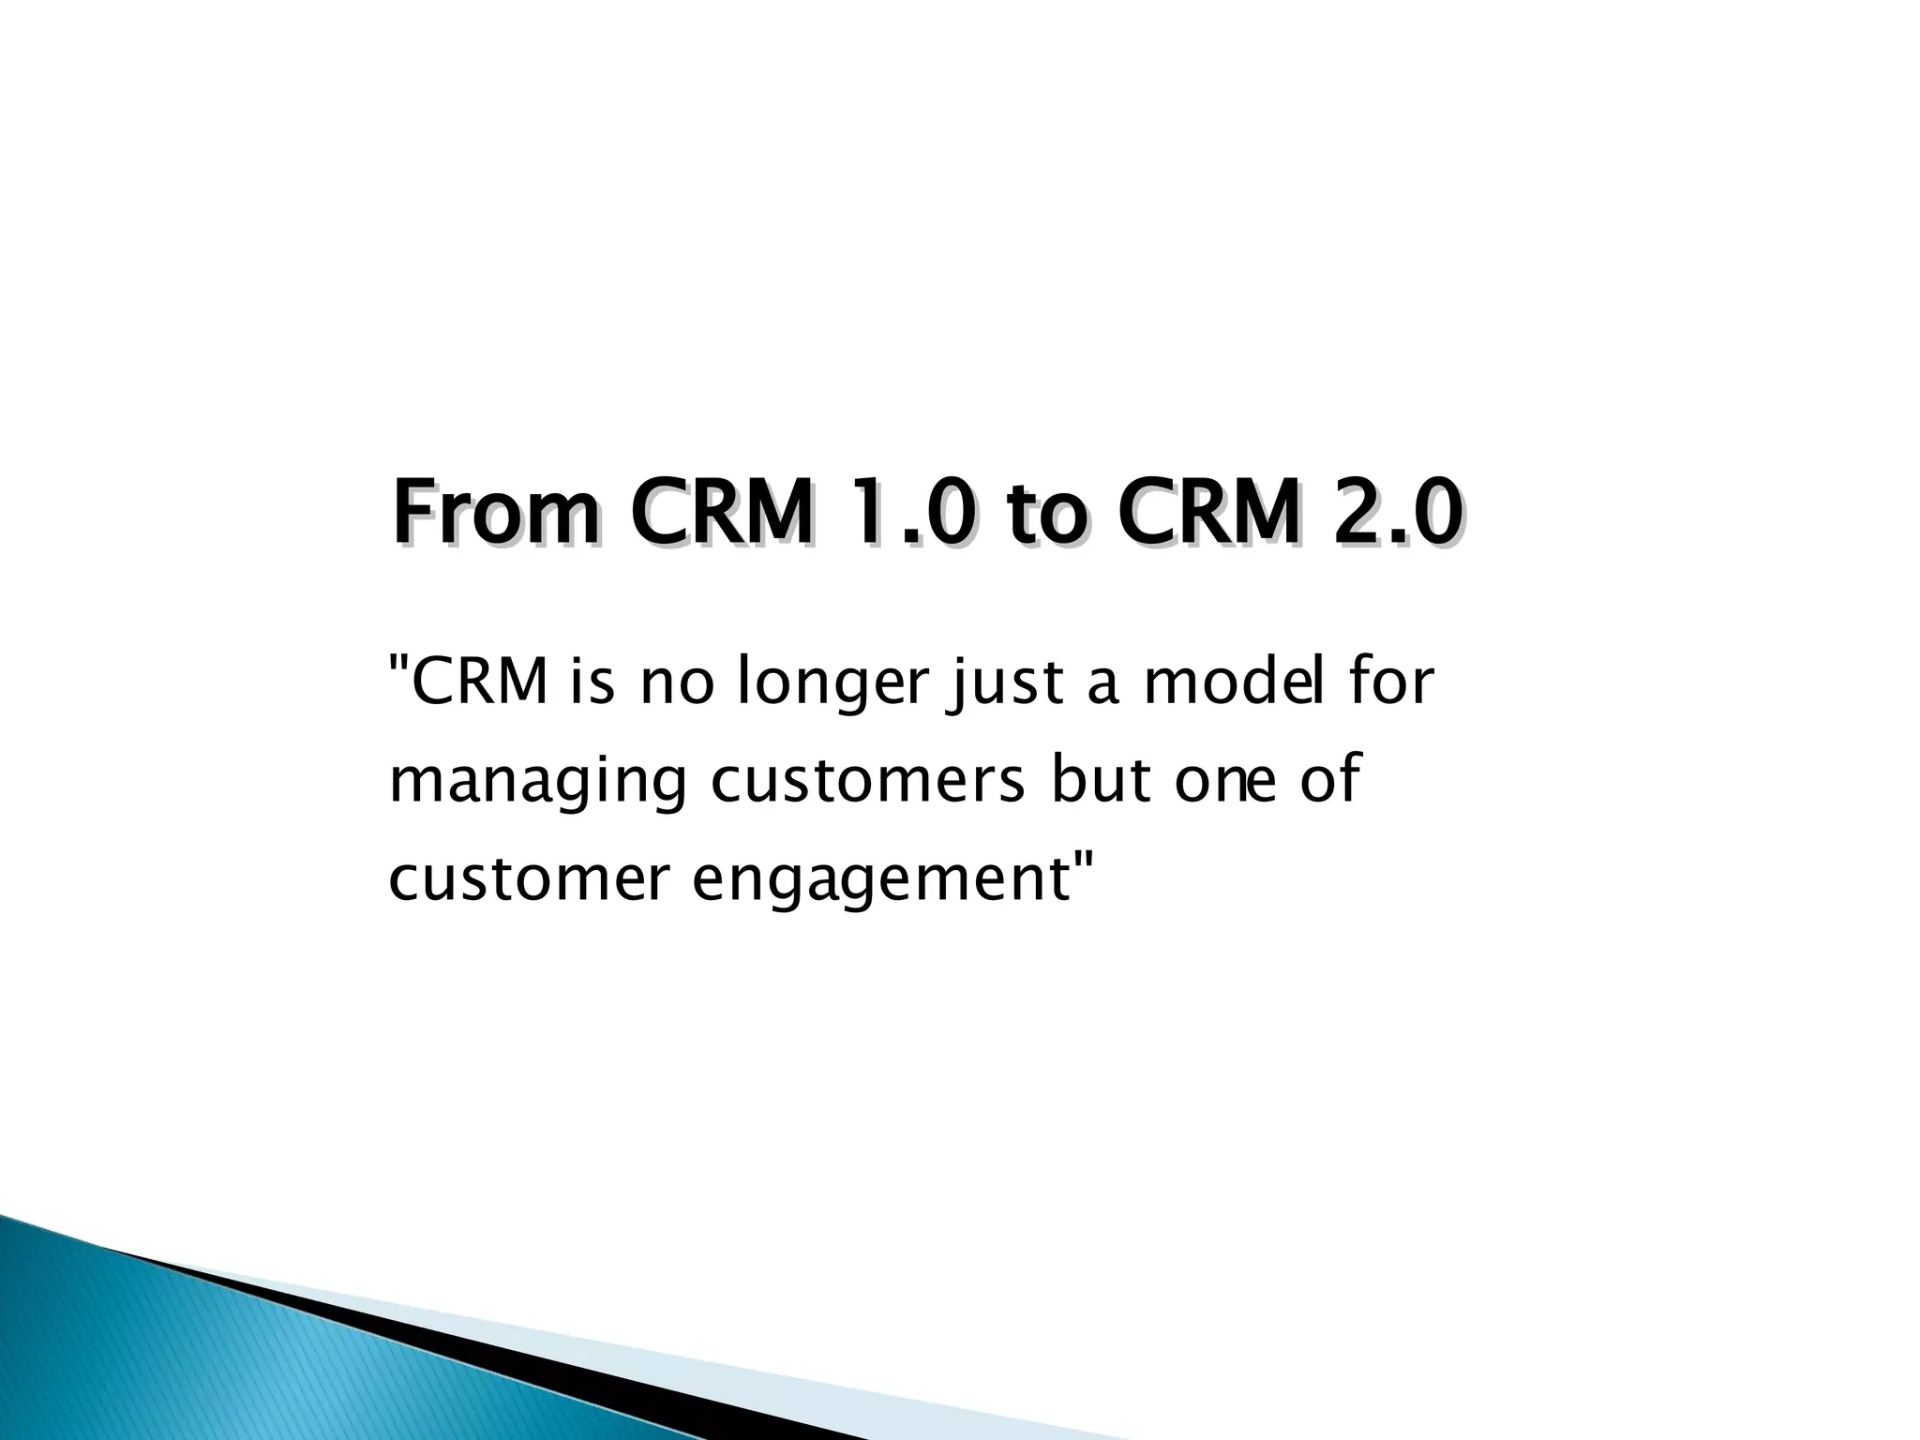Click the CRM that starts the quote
coord(478,682)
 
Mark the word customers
coord(868,781)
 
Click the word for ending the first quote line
coord(1390,682)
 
